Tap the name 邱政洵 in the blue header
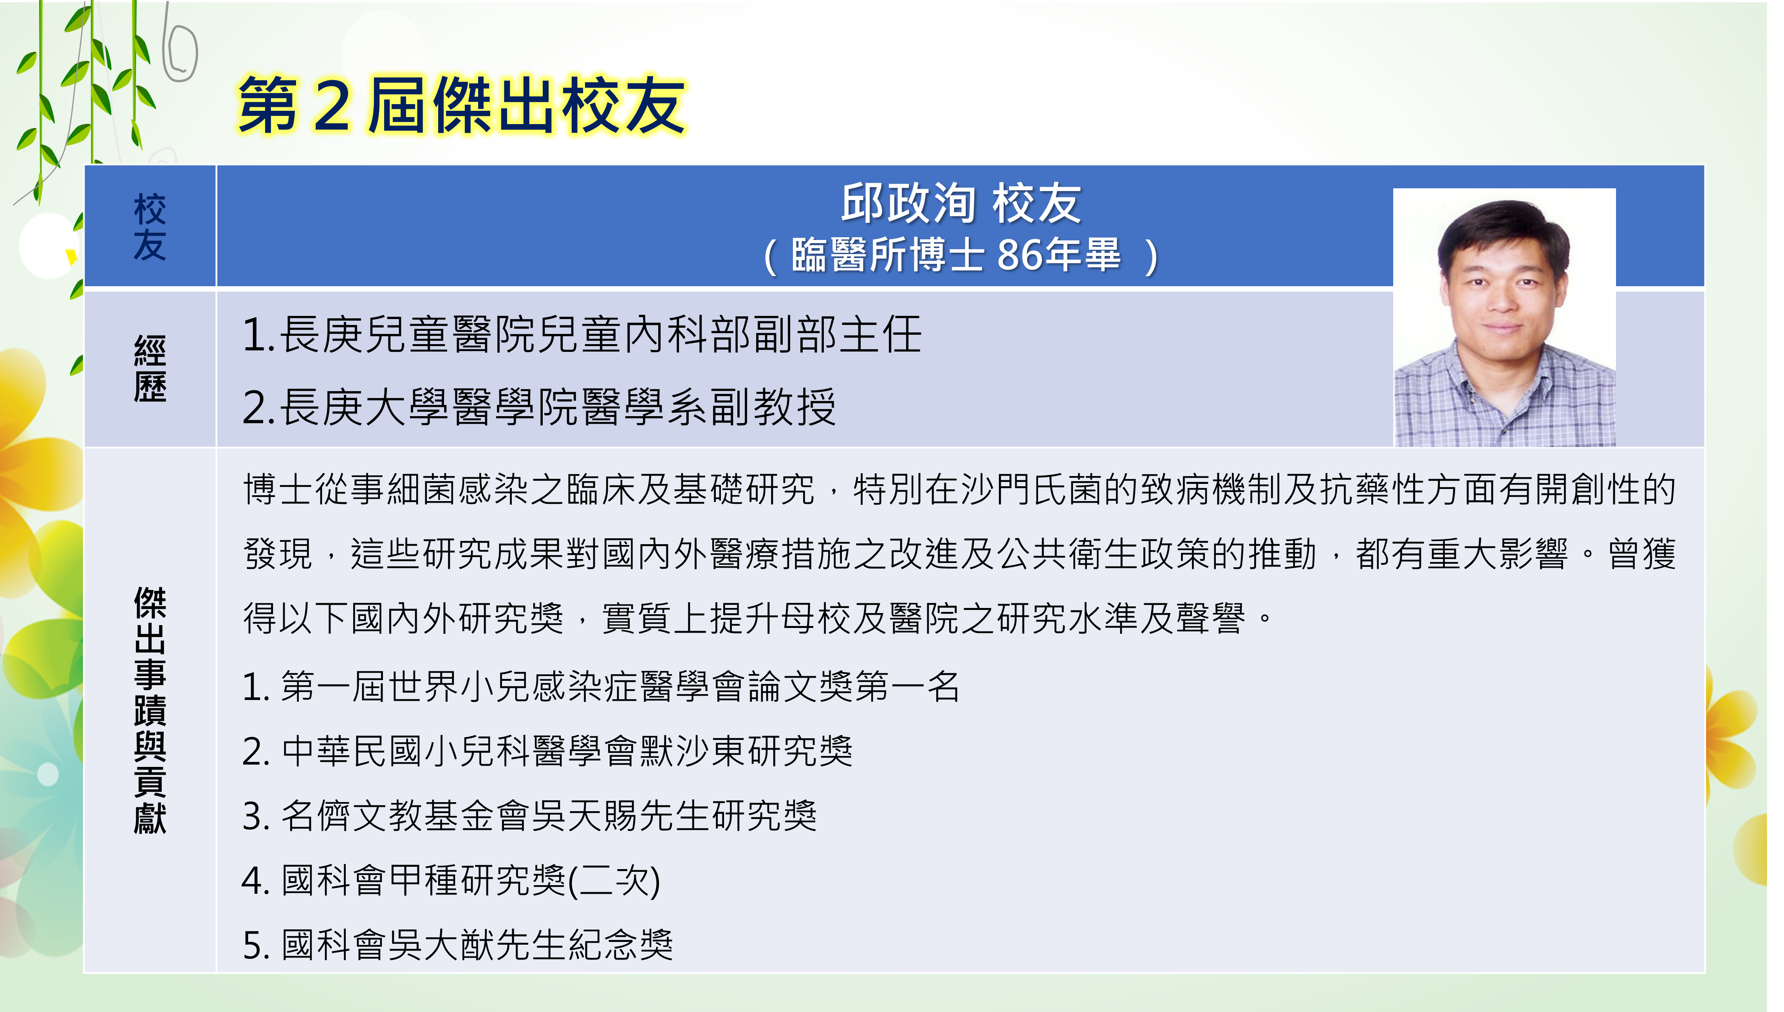(x=909, y=204)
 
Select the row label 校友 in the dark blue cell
(x=150, y=227)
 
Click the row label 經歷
(x=150, y=368)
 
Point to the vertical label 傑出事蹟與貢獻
(x=150, y=710)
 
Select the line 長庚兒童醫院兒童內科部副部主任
(x=582, y=334)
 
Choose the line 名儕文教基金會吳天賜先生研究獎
(x=529, y=816)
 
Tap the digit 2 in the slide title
(x=332, y=106)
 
